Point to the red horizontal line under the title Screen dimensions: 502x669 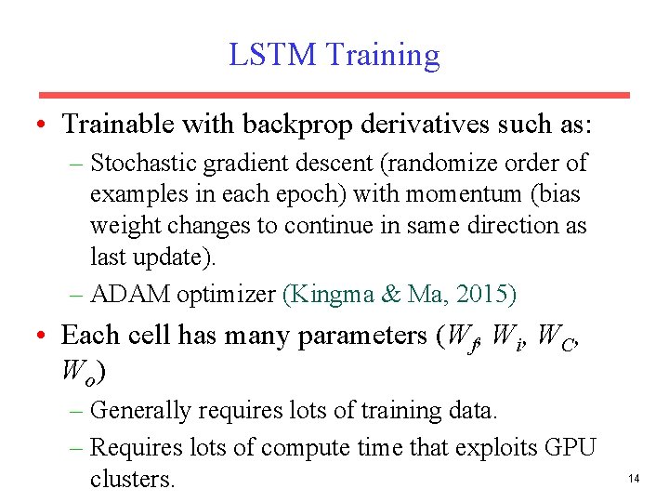(x=334, y=95)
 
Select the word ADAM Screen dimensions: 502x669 (x=125, y=295)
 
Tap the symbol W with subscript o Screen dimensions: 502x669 (x=77, y=372)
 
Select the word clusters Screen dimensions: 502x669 (x=131, y=479)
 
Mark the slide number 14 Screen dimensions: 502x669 (x=635, y=479)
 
